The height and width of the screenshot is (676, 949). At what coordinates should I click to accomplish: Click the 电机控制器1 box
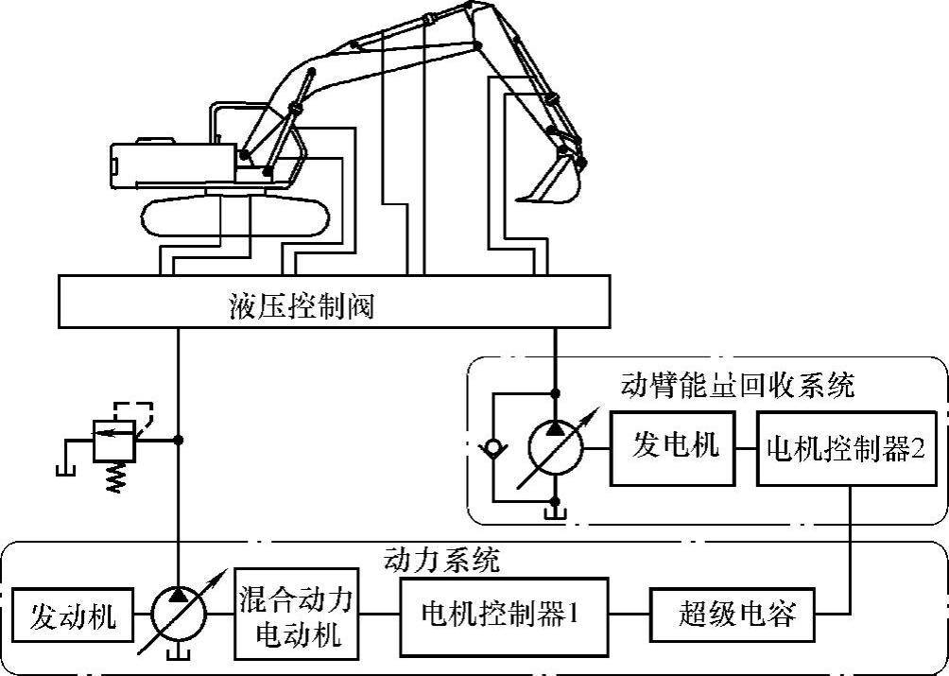[500, 617]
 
